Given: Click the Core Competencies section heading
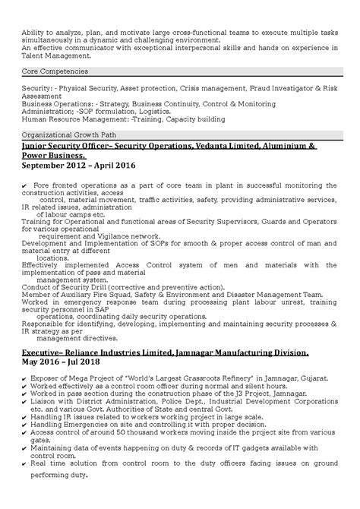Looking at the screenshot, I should click(51, 77).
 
